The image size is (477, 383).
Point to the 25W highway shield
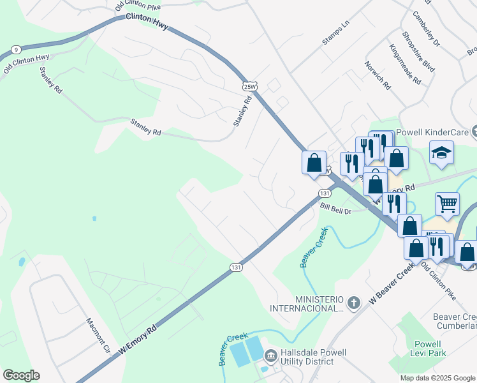[x=250, y=86]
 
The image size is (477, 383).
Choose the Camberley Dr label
[x=426, y=29]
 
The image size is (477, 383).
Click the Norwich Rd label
[x=378, y=75]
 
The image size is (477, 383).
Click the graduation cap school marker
[x=441, y=153]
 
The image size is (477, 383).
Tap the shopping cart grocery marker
[x=448, y=204]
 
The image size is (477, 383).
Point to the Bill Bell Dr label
[x=336, y=208]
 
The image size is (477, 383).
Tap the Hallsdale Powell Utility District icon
[x=270, y=355]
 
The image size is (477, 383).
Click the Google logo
[x=21, y=375]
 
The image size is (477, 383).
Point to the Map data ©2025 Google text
[x=437, y=378]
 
